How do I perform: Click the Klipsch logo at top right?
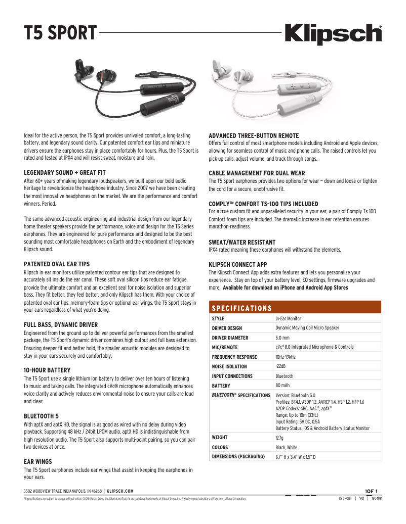pos(334,34)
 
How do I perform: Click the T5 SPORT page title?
pos(60,34)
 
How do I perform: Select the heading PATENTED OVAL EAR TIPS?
pos(57,264)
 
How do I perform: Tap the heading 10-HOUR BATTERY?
pos(47,370)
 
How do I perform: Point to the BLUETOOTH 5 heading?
pos(41,416)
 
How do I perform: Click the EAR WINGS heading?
pos(38,461)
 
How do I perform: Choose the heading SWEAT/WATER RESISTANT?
pos(242,243)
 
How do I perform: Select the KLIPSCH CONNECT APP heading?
pos(238,264)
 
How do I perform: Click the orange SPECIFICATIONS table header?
pos(241,308)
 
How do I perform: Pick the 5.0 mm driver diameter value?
pos(282,338)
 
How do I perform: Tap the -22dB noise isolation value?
pos(280,366)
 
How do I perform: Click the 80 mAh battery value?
pos(282,386)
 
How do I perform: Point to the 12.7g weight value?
pos(280,438)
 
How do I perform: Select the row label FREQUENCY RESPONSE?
pos(234,357)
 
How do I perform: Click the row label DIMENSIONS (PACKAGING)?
pos(238,457)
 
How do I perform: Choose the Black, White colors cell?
pos(287,447)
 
